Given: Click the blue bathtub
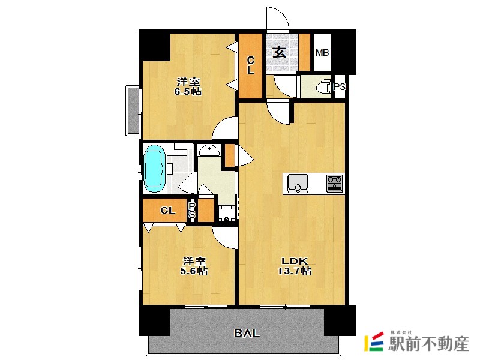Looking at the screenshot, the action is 154,169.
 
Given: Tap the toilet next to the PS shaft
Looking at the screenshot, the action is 324,86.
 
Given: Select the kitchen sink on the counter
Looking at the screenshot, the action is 298,184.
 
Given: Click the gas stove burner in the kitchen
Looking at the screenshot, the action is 335,184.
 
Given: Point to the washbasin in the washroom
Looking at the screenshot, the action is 209,150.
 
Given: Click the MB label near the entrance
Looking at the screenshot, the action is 322,53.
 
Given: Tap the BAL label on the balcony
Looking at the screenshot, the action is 247,333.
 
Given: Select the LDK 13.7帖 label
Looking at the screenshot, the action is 295,266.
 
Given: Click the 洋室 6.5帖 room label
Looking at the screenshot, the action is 188,86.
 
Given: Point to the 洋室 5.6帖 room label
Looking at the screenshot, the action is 194,266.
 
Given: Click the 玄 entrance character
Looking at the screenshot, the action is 280,52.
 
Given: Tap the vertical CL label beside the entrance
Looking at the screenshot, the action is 250,65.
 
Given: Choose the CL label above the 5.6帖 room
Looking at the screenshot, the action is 168,211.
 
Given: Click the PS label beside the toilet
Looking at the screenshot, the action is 339,86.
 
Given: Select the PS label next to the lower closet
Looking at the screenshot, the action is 192,210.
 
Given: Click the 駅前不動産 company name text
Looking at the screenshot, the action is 428,343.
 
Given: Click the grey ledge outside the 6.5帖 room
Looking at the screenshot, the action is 133,110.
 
